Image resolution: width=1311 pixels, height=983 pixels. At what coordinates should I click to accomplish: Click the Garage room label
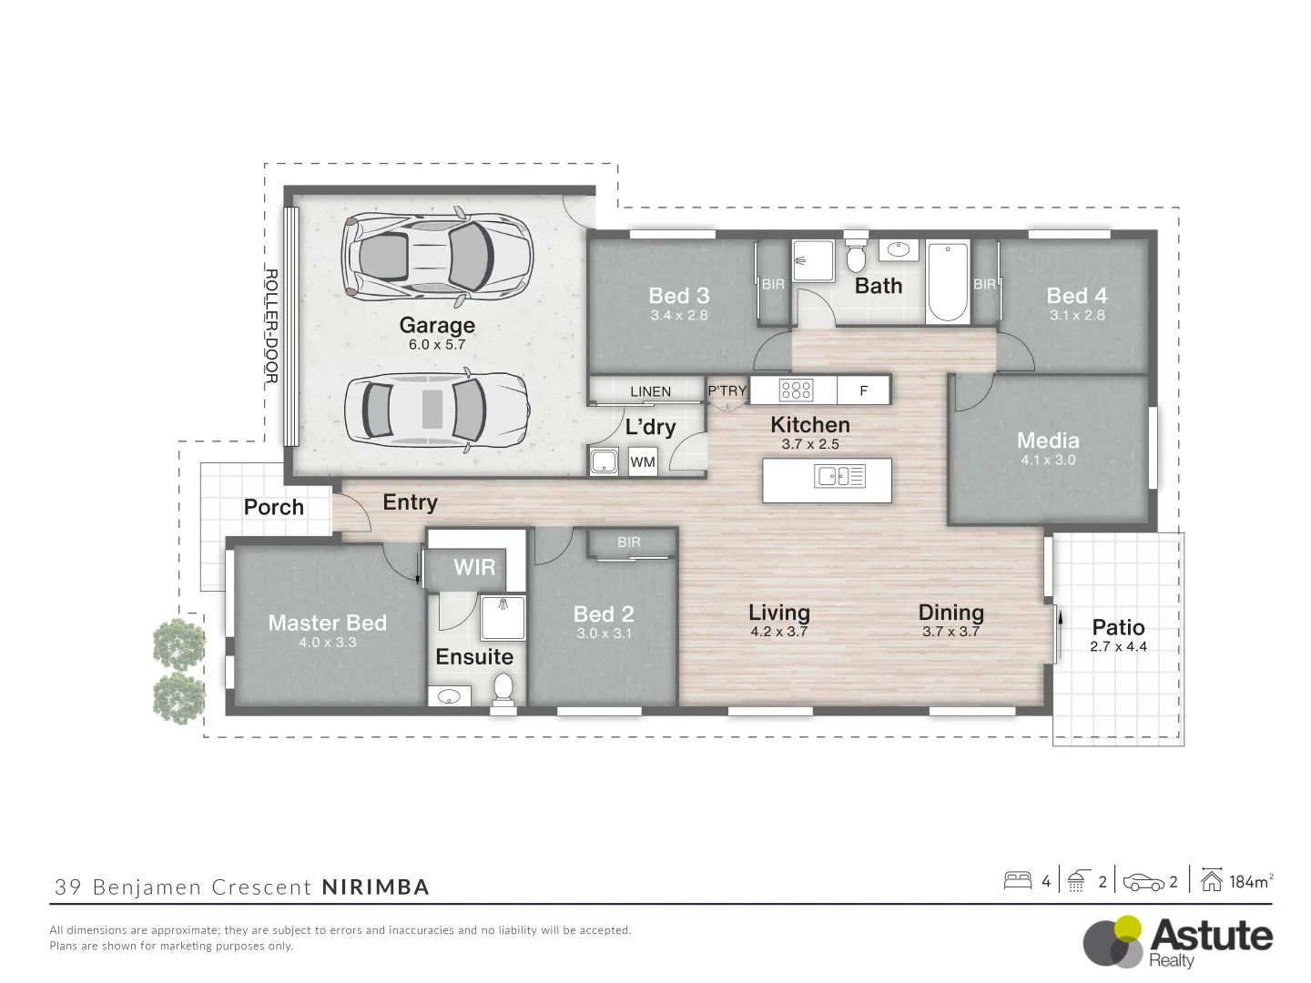(x=437, y=325)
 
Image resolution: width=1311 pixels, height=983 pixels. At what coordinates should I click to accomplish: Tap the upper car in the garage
(x=436, y=258)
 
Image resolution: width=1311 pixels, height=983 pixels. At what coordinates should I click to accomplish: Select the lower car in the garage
(x=437, y=410)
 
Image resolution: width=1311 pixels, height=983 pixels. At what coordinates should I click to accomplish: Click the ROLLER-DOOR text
(x=271, y=326)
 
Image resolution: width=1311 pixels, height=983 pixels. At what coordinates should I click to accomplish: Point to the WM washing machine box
(x=643, y=462)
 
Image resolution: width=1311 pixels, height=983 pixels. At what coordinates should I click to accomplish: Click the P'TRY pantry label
(x=727, y=391)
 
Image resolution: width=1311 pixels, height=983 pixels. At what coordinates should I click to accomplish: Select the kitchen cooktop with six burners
(x=796, y=390)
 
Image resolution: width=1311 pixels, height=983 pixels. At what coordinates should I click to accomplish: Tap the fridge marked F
(x=864, y=390)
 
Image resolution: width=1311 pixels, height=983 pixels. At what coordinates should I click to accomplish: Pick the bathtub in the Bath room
(x=948, y=282)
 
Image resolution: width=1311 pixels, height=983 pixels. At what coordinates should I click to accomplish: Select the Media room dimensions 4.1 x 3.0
(x=1048, y=461)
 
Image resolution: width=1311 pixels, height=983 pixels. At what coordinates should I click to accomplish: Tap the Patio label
(x=1118, y=627)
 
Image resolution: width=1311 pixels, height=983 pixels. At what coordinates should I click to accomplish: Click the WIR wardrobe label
(x=474, y=567)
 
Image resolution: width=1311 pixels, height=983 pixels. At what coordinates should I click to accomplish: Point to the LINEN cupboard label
(x=650, y=391)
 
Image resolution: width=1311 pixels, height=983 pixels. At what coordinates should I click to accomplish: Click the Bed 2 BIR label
(x=629, y=542)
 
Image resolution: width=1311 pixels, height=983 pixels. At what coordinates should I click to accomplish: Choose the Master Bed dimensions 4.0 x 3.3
(x=328, y=643)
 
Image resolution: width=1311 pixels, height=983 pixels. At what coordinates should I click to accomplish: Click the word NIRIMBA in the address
(x=375, y=887)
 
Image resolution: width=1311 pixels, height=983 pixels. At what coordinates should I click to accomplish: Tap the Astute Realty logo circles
(x=1113, y=941)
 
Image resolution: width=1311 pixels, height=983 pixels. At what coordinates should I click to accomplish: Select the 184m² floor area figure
(x=1250, y=881)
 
